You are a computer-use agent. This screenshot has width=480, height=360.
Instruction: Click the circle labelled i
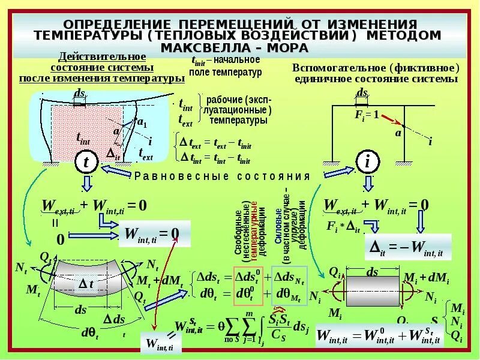coord(367,161)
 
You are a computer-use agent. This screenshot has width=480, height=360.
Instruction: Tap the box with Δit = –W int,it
coord(408,247)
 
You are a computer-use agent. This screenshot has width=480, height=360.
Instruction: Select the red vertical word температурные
coord(253,227)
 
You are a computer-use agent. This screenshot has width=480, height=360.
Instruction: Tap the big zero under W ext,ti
coord(60,239)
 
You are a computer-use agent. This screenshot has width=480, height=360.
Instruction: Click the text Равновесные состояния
coord(222,176)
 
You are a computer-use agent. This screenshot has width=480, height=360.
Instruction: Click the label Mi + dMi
coord(428,277)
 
